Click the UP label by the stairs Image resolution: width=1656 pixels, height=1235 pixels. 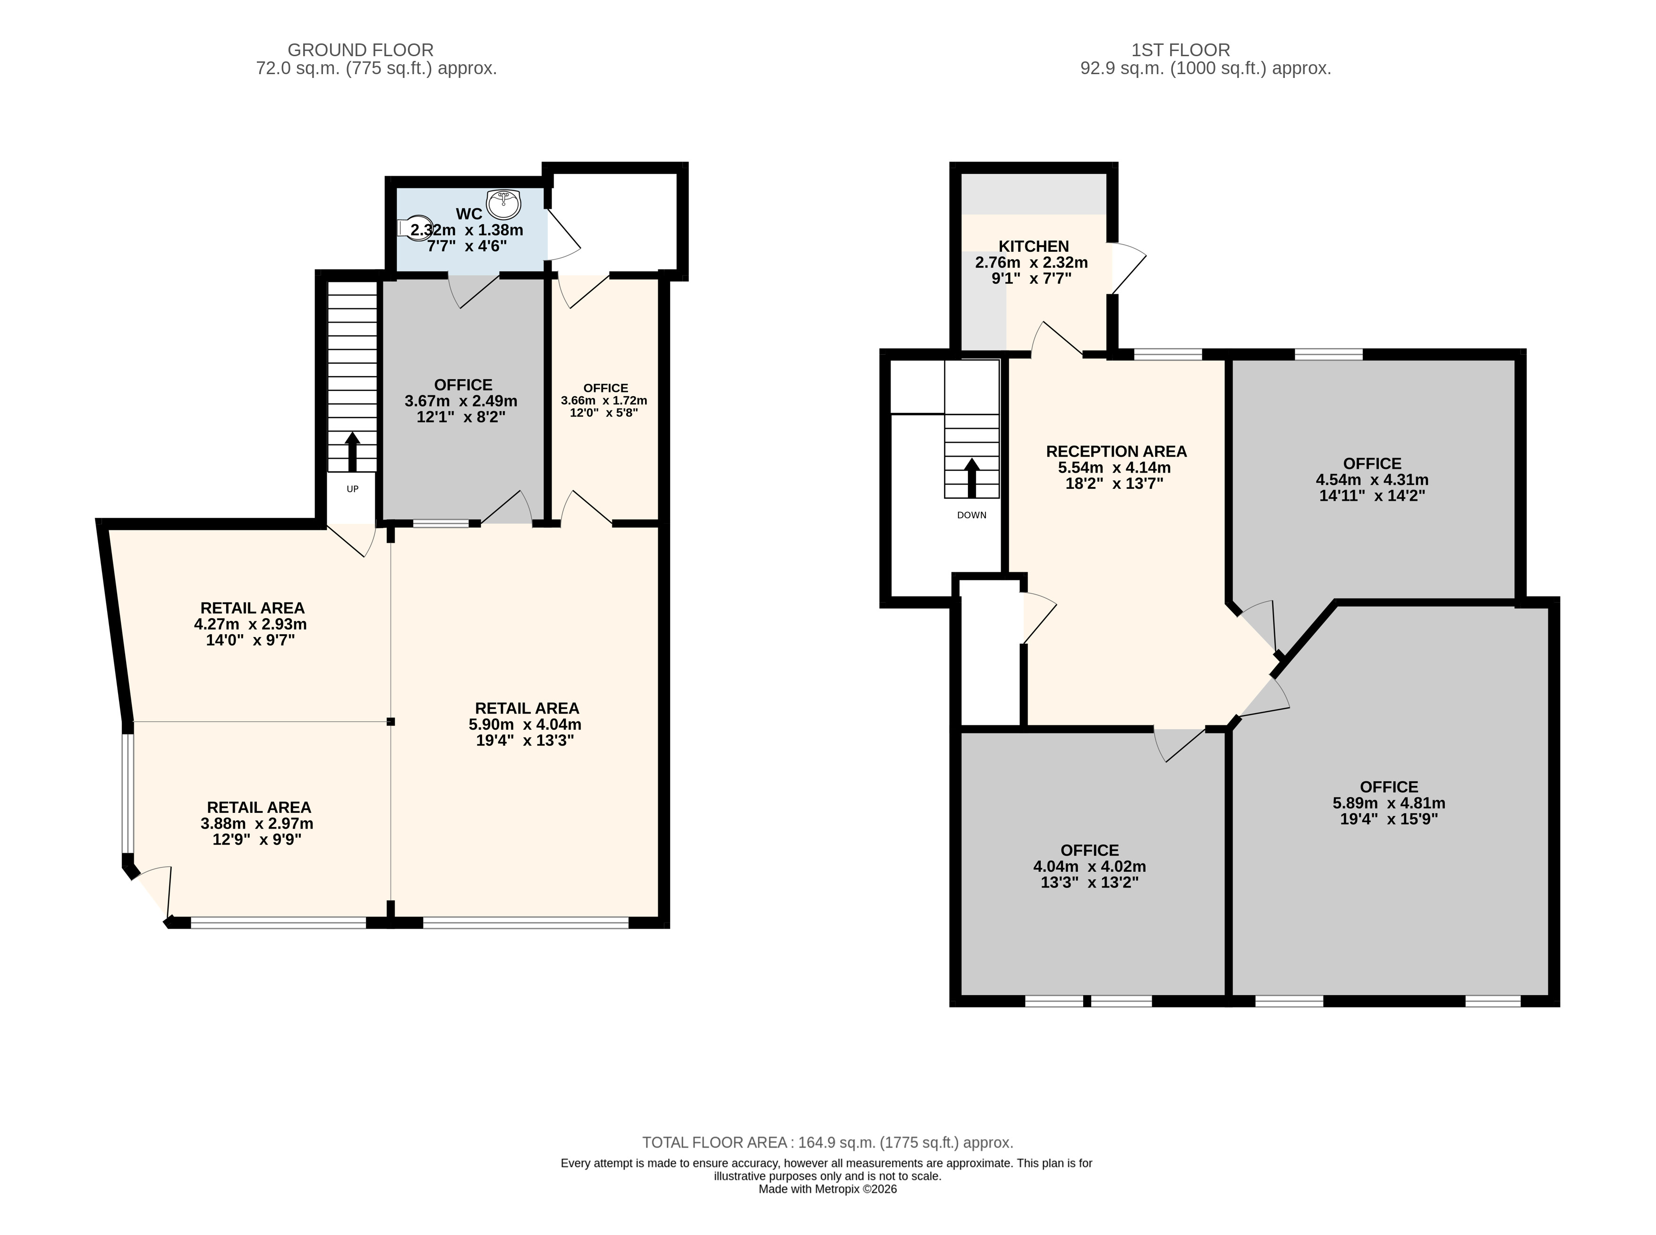(x=353, y=489)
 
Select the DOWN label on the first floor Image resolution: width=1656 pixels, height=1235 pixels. (x=971, y=515)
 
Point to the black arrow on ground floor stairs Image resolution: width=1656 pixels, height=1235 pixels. (x=352, y=451)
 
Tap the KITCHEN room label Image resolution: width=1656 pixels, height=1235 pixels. (x=1034, y=246)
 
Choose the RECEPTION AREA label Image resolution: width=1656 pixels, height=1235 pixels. (x=1116, y=451)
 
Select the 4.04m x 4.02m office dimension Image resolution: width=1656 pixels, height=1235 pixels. (x=1089, y=867)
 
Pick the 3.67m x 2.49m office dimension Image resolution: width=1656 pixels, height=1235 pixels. (x=461, y=400)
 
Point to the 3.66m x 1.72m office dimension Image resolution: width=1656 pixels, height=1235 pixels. (x=604, y=400)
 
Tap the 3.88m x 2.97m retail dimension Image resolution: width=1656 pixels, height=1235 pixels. (x=257, y=823)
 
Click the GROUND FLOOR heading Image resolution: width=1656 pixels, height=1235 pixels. (x=360, y=50)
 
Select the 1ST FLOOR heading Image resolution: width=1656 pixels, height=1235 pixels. (x=1180, y=50)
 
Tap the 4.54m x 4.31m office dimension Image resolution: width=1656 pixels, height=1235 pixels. (x=1372, y=479)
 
